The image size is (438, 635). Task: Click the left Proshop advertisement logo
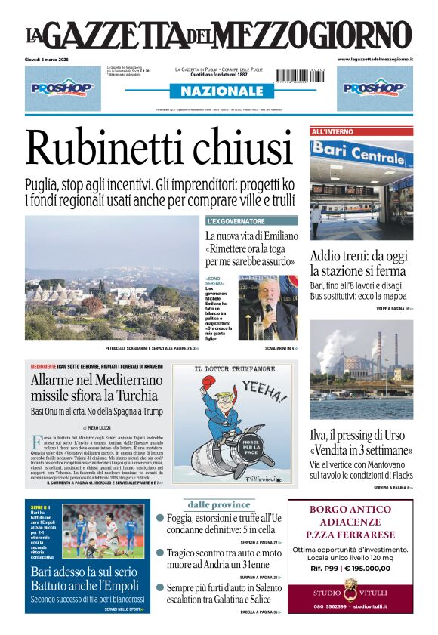point(63,88)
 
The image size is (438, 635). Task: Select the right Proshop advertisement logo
point(375,88)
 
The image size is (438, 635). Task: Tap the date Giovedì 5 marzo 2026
point(51,59)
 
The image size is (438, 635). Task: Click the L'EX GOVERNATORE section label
point(236,221)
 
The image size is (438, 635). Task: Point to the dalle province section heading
point(219,504)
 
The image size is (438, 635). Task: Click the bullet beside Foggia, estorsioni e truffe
point(160,518)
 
